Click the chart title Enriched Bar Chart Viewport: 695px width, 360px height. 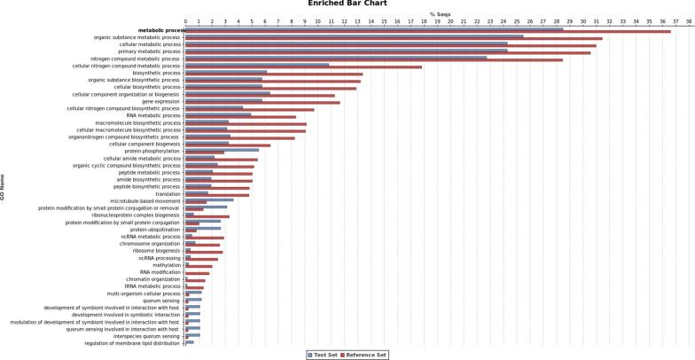pos(347,4)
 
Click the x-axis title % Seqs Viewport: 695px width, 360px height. pos(440,14)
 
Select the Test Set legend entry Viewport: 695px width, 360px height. pos(323,354)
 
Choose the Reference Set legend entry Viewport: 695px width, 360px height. pos(365,354)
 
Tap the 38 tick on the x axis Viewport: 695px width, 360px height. pos(689,22)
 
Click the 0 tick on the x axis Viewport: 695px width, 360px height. pos(185,22)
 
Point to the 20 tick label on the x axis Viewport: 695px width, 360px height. pos(450,22)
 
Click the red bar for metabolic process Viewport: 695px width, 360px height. pos(427,31)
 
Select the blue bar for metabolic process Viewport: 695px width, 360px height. pos(373,28)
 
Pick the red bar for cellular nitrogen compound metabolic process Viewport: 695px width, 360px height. pos(303,67)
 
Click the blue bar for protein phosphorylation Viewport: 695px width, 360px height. pos(222,150)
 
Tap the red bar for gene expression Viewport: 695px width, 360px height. pos(262,103)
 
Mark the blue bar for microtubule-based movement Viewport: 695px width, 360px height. pos(209,200)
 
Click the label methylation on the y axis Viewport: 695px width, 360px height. pos(167,265)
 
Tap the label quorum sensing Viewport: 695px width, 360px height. pos(161,300)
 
